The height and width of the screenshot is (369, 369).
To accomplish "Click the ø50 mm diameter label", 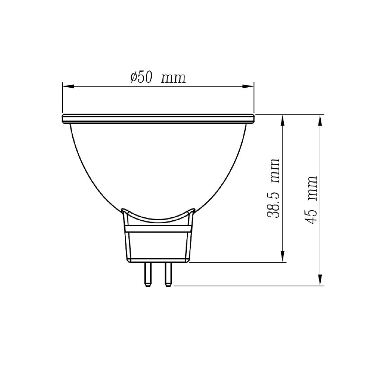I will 158,77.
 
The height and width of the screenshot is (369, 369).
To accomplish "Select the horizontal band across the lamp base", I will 159,229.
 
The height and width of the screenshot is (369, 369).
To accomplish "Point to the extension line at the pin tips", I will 247,286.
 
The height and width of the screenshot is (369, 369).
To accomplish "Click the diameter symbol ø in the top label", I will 134,77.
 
